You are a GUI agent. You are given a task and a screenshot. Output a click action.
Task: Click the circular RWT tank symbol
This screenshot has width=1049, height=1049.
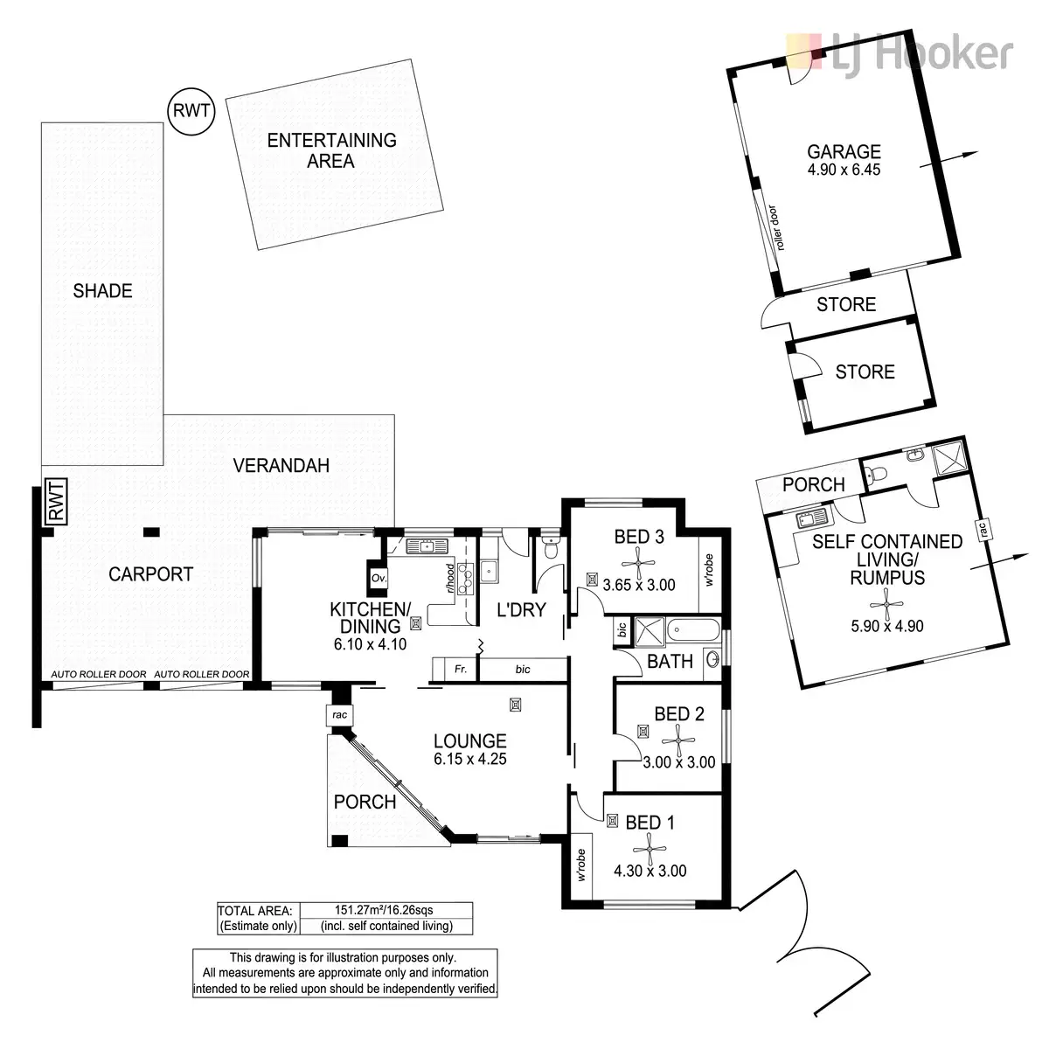(191, 112)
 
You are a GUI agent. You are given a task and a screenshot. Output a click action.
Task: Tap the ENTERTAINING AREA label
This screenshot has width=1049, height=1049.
(331, 150)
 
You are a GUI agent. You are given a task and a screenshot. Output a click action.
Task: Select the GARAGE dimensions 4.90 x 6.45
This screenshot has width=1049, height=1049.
(844, 170)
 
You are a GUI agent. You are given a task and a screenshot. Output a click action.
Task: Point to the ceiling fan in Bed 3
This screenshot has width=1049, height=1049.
(638, 562)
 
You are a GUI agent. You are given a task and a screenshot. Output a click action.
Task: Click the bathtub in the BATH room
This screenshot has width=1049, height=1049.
(693, 630)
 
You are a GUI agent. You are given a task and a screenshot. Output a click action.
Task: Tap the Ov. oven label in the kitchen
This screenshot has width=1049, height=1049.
(379, 578)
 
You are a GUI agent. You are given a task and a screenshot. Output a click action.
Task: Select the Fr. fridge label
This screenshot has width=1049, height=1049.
(461, 669)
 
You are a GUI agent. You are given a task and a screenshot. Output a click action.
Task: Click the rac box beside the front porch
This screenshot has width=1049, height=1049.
(339, 715)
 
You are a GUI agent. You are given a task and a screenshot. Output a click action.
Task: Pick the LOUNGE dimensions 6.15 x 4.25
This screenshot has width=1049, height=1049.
(470, 759)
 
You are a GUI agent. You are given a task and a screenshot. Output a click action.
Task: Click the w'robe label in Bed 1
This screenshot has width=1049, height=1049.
(581, 865)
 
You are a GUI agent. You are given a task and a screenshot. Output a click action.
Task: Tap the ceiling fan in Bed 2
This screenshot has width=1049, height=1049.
(678, 741)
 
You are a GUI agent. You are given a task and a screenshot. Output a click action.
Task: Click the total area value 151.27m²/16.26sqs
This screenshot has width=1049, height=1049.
(385, 910)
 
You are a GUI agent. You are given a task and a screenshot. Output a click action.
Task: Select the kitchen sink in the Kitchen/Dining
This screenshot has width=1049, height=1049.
(427, 546)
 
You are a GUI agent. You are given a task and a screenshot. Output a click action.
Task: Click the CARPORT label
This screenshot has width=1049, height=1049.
(150, 573)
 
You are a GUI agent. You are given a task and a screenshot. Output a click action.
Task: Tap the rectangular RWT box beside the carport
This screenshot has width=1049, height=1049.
(57, 502)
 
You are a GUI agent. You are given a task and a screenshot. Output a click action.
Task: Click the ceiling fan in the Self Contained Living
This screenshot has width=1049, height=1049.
(886, 604)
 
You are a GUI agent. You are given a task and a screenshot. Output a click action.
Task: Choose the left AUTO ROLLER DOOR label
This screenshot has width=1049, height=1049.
(99, 674)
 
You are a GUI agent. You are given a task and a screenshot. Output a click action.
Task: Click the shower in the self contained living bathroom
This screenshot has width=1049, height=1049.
(949, 460)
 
